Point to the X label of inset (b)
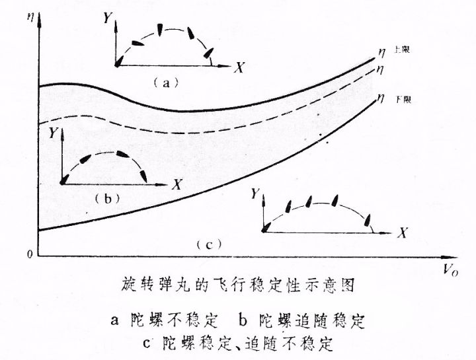coord(177,185)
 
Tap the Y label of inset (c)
coord(256,193)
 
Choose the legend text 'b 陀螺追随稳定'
coord(302,322)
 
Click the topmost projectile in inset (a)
coord(160,28)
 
